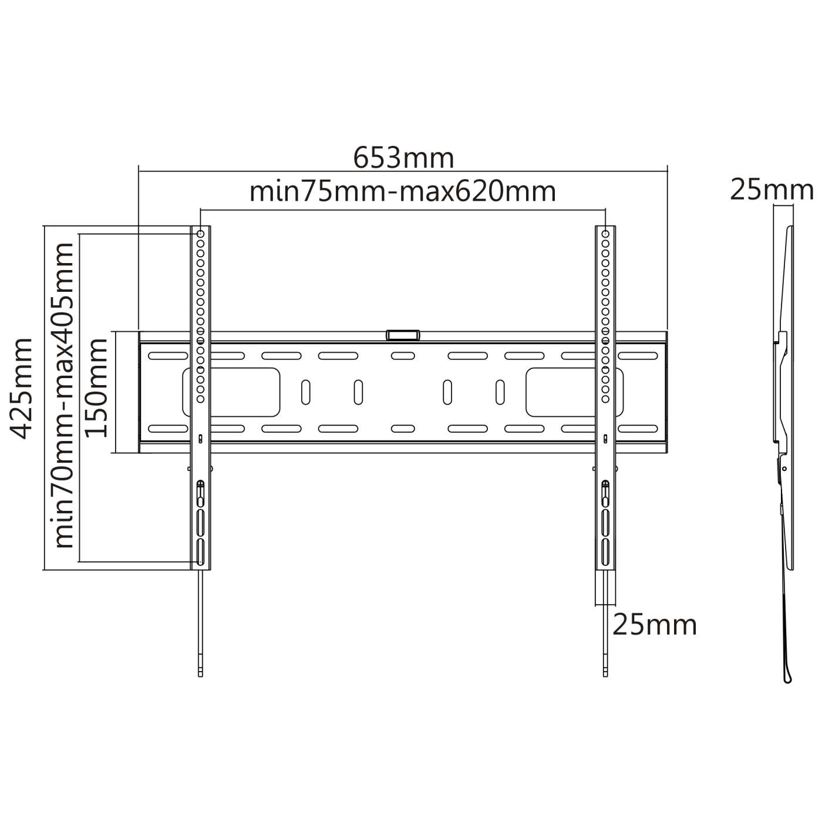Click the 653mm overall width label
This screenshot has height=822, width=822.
pos(403,158)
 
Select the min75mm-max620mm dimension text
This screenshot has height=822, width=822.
pos(403,191)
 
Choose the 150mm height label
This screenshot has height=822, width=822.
pos(96,388)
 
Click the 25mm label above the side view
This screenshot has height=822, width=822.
pos(772,190)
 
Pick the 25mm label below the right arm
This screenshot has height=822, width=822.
pos(655,625)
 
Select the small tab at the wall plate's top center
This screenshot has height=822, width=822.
pos(403,335)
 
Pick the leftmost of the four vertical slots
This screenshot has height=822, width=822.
pos(305,392)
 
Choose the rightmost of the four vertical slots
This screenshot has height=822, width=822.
pos(500,392)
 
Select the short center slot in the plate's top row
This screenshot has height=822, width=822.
pos(403,356)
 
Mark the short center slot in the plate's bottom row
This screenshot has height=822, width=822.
pos(403,429)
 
